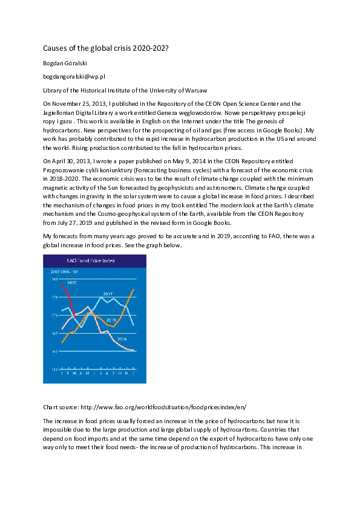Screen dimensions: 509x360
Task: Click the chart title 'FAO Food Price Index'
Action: (x=94, y=261)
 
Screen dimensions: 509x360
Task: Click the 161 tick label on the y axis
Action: (x=55, y=351)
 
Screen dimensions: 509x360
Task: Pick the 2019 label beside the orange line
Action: (x=111, y=320)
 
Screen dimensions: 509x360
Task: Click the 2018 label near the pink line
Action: (x=121, y=339)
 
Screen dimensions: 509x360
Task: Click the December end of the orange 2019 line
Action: (x=133, y=290)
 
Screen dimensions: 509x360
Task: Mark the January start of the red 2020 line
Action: (x=62, y=285)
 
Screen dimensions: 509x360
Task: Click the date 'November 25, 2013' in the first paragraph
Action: (x=74, y=104)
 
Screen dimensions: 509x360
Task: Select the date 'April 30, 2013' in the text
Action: (x=68, y=161)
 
